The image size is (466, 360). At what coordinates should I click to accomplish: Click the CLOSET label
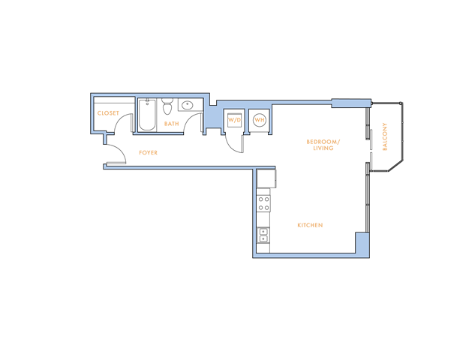pyautogui.click(x=108, y=113)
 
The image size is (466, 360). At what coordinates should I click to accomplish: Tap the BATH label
pyautogui.click(x=172, y=124)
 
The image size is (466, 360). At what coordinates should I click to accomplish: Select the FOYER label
pyautogui.click(x=149, y=153)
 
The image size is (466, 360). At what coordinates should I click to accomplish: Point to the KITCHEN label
pyautogui.click(x=310, y=225)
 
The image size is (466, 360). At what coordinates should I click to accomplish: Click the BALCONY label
pyautogui.click(x=385, y=136)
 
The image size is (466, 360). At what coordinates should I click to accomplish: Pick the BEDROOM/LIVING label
pyautogui.click(x=323, y=145)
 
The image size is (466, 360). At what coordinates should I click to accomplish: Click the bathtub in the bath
pyautogui.click(x=147, y=115)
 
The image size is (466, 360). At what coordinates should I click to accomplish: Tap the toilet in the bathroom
pyautogui.click(x=167, y=106)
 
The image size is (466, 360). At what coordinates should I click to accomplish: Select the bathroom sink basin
pyautogui.click(x=188, y=105)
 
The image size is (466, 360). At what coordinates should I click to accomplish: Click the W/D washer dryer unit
pyautogui.click(x=234, y=120)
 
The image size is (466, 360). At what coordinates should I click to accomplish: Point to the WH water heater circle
pyautogui.click(x=260, y=120)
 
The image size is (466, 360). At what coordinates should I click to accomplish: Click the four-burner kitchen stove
pyautogui.click(x=263, y=203)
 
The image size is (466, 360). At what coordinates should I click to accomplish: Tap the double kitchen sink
pyautogui.click(x=263, y=235)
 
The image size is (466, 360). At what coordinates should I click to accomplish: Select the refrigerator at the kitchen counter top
pyautogui.click(x=266, y=178)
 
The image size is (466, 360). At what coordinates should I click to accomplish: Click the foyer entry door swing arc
pyautogui.click(x=116, y=154)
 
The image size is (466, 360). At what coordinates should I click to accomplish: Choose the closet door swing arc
pyautogui.click(x=123, y=123)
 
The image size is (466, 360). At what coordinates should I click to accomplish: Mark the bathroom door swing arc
pyautogui.click(x=193, y=123)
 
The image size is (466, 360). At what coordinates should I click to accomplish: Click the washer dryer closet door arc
pyautogui.click(x=235, y=144)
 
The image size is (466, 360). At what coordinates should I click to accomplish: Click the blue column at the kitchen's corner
pyautogui.click(x=362, y=244)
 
